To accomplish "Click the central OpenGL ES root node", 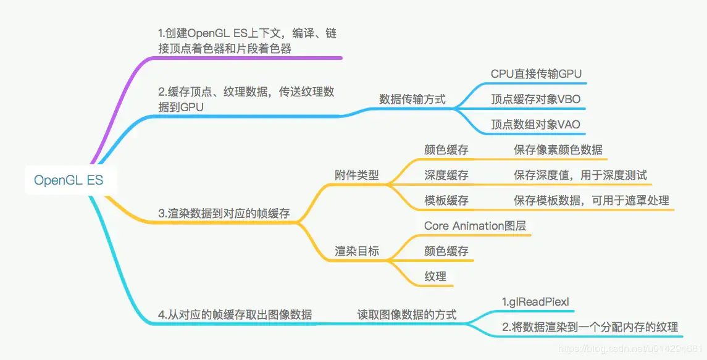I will (x=69, y=180).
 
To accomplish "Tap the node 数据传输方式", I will (x=412, y=99).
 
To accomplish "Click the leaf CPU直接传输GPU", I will (x=536, y=73).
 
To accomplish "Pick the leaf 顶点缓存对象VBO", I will (x=535, y=99).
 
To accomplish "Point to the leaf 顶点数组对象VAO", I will (x=535, y=125).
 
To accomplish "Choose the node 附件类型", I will (x=357, y=175).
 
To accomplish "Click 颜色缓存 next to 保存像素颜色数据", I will (x=446, y=149).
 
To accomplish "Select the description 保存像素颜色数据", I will (x=558, y=149).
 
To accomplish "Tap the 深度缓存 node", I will (x=446, y=175).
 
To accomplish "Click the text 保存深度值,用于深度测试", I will (x=580, y=175).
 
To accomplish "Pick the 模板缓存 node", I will (x=446, y=200).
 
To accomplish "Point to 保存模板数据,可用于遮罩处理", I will (x=591, y=200).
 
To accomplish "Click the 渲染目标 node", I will (x=357, y=251).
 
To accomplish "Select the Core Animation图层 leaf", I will (x=475, y=225).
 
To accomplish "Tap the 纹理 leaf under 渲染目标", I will (x=435, y=277).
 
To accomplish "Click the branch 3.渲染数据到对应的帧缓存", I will (x=224, y=214).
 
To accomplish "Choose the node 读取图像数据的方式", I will (x=407, y=314).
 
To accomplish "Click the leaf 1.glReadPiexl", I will (x=535, y=302).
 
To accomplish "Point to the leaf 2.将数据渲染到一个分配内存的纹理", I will (x=590, y=327).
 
